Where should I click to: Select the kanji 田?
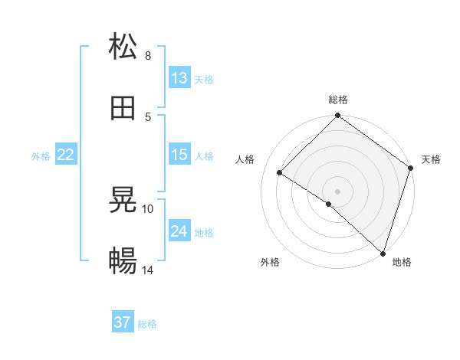(123, 108)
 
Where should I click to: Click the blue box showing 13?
(179, 77)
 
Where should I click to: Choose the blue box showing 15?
(179, 155)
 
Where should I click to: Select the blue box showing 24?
(179, 231)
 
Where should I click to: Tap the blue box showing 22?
(66, 155)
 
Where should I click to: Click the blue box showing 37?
(123, 322)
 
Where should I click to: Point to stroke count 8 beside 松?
(148, 55)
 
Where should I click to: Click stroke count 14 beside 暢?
(149, 270)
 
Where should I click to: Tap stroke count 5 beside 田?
(148, 116)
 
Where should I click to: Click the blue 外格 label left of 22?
(41, 155)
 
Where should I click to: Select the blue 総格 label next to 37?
(147, 324)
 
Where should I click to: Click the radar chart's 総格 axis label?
(338, 100)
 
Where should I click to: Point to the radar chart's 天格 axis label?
(431, 159)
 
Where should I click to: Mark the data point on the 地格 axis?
(383, 253)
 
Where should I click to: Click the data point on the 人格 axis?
(280, 172)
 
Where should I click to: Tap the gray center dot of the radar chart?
(338, 191)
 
